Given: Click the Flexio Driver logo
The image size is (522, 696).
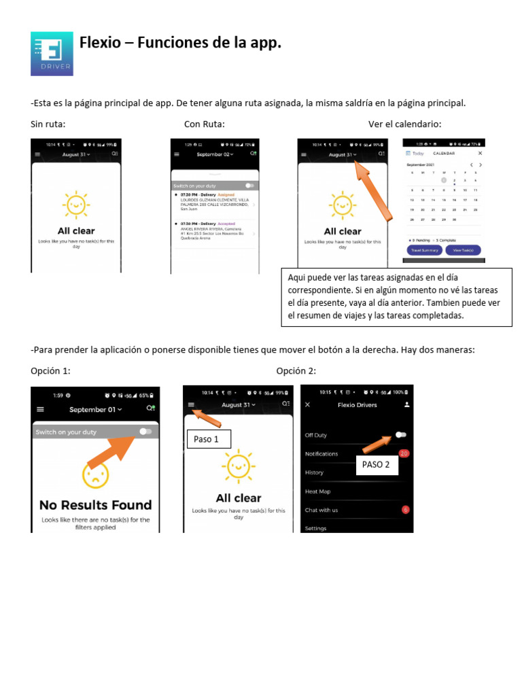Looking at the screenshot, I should point(52,53).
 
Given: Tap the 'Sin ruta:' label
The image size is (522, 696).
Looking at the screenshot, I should point(48,124).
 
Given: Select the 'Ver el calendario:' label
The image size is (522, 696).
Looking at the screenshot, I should point(404,124).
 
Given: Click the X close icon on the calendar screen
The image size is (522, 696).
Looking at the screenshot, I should point(480,154).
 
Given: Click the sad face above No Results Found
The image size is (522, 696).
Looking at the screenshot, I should point(95,475).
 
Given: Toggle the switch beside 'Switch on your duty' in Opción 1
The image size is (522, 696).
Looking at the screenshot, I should point(145,432).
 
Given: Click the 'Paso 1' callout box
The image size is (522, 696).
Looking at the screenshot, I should point(207,439).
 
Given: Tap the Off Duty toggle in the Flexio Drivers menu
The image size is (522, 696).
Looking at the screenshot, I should point(401,435).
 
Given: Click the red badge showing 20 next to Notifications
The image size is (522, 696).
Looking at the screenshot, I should point(404,453).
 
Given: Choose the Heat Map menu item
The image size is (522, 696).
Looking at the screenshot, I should point(317,491).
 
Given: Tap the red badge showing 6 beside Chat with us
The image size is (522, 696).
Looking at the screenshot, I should point(405,510).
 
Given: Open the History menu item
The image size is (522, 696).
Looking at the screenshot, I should point(314,472).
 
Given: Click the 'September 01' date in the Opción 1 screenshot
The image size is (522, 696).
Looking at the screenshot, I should point(95,410).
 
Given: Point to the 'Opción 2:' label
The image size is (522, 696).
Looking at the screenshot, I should point(296,370).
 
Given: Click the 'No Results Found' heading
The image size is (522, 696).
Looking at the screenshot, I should point(95,505).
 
